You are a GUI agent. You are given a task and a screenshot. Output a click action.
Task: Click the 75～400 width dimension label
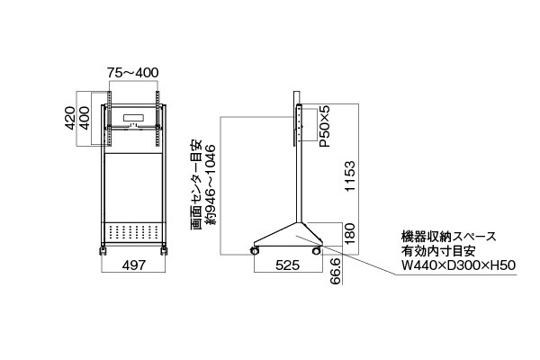[132, 73]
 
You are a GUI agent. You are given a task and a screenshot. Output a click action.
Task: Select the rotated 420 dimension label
[70, 118]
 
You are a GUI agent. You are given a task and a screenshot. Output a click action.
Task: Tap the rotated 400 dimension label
[85, 118]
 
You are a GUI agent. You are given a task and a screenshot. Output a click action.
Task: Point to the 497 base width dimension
[134, 265]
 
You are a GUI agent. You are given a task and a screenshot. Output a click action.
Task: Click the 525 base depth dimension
[288, 265]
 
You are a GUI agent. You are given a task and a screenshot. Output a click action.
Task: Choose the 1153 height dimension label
[349, 175]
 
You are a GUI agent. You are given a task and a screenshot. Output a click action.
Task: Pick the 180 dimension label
[349, 234]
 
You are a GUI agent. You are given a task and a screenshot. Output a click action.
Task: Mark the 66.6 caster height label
[336, 271]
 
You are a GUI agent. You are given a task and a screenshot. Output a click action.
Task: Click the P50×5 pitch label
[324, 126]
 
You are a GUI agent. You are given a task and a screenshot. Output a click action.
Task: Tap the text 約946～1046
[210, 184]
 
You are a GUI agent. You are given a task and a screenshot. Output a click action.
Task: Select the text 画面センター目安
[195, 184]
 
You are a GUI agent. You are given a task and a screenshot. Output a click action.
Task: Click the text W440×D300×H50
[458, 265]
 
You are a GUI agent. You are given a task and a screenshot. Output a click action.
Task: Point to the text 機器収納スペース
[449, 237]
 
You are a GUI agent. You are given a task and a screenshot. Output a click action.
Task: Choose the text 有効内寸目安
[438, 251]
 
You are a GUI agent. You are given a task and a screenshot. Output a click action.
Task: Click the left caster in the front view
[103, 250]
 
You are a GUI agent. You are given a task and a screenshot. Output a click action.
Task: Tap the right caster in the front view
[164, 250]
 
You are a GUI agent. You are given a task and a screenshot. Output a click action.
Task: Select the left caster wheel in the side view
[255, 251]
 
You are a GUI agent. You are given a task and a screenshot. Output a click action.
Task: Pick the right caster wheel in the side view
[316, 251]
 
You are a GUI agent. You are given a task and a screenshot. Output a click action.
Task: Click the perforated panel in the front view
[133, 232]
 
